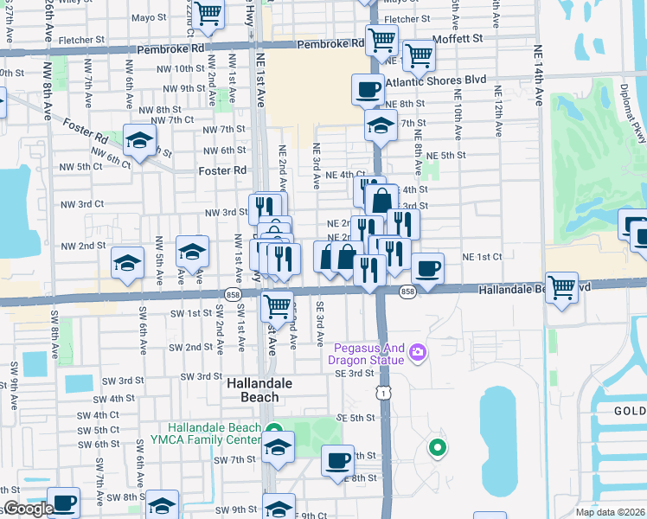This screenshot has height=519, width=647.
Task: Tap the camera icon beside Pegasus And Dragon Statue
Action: pyautogui.click(x=419, y=351)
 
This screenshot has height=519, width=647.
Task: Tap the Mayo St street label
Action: pyautogui.click(x=149, y=17)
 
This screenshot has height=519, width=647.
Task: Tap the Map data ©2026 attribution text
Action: pyautogui.click(x=610, y=512)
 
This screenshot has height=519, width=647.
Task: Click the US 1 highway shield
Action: pyautogui.click(x=381, y=394)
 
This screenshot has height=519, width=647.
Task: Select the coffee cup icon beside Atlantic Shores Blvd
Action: pyautogui.click(x=368, y=87)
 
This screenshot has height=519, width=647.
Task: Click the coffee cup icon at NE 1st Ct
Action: pyautogui.click(x=427, y=267)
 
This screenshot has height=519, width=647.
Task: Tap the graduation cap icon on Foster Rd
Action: pyautogui.click(x=138, y=142)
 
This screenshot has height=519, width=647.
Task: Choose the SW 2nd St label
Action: pyautogui.click(x=190, y=347)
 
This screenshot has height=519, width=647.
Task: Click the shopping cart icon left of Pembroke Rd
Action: pyautogui.click(x=208, y=13)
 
